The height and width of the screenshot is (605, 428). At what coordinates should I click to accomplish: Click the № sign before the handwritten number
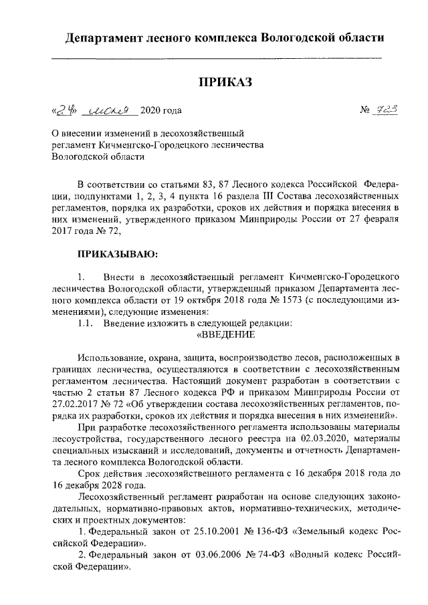(x=365, y=111)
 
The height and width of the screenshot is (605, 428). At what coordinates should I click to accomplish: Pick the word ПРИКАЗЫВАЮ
(x=118, y=255)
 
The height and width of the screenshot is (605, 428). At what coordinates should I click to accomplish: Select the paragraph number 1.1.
(x=86, y=324)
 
